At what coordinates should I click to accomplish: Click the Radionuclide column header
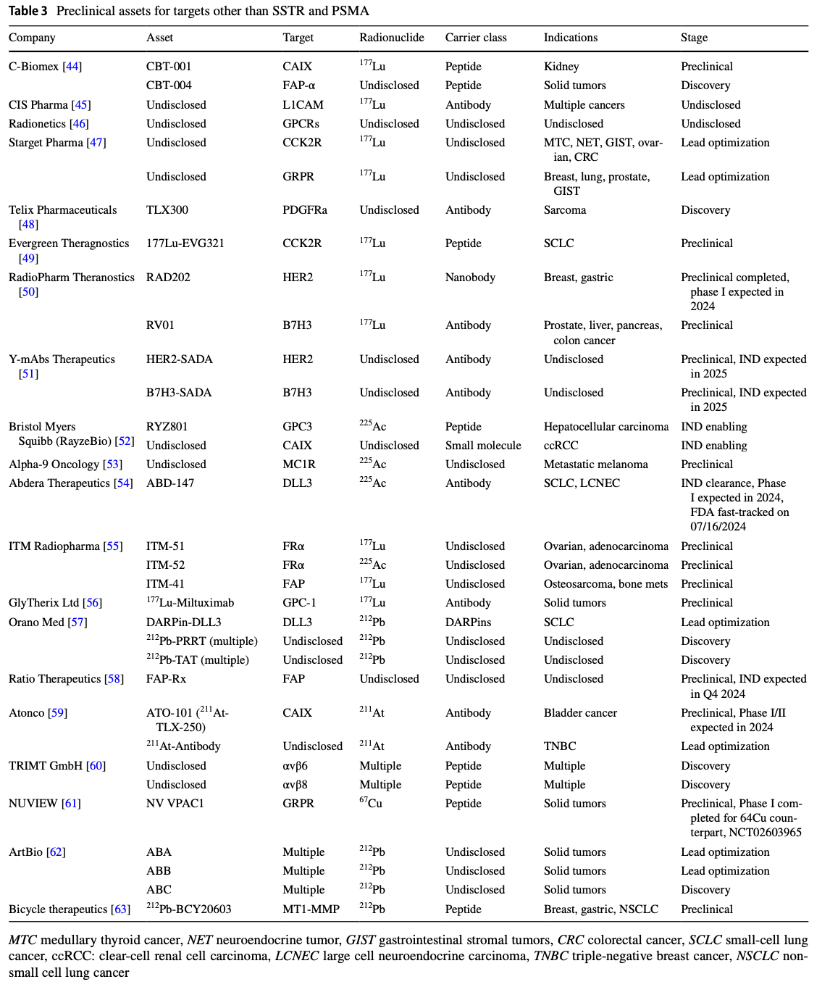391,38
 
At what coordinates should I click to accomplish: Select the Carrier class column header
476,38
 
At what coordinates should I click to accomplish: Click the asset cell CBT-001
169,67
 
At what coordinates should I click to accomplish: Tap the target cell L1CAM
303,105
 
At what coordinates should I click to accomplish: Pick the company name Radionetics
37,124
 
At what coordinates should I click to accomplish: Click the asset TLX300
167,210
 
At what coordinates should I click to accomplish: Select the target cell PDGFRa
305,210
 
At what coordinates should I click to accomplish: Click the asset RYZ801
167,427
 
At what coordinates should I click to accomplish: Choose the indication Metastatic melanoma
595,465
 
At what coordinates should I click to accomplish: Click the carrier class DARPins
468,622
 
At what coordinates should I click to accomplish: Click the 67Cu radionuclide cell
371,803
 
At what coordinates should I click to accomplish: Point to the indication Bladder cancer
580,713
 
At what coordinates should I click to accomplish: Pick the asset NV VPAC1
175,804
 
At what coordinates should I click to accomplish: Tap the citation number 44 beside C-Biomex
72,67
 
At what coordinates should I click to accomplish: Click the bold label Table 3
28,11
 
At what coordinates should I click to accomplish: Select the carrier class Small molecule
483,446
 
